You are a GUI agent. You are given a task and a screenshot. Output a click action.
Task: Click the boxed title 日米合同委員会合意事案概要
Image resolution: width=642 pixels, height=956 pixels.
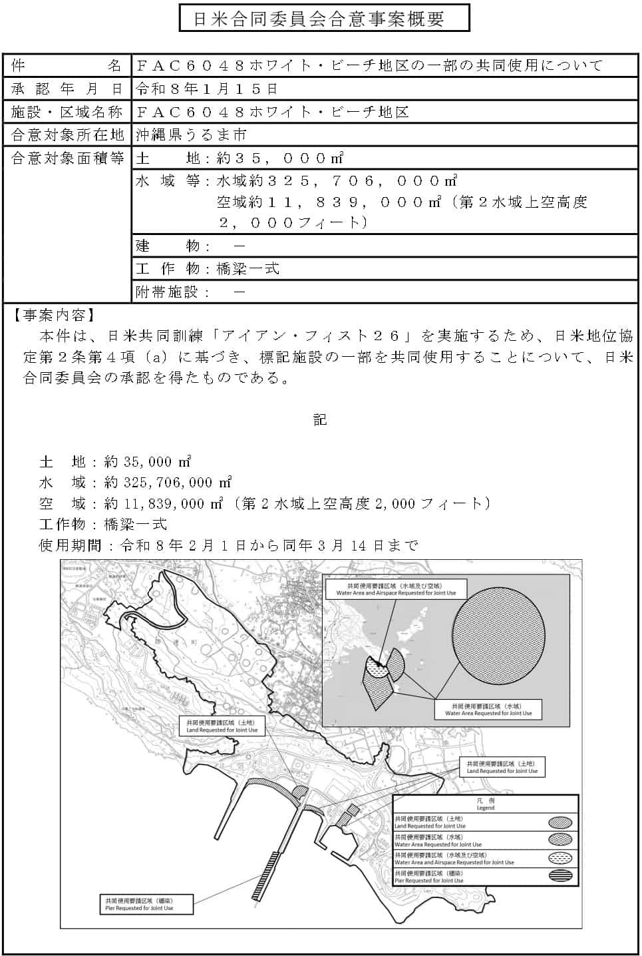pyautogui.click(x=324, y=18)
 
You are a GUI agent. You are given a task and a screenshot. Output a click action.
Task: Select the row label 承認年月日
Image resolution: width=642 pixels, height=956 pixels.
pyautogui.click(x=67, y=89)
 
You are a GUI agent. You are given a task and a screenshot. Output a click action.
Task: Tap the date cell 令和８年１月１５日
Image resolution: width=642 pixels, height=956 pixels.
pyautogui.click(x=207, y=89)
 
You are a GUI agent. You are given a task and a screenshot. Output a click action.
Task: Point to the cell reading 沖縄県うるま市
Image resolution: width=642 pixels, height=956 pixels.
pyautogui.click(x=192, y=134)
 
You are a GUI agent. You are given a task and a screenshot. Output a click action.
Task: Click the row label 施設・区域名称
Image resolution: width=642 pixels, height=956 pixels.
pyautogui.click(x=67, y=112)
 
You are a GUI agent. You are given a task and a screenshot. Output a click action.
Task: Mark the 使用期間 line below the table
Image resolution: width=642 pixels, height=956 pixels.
pyautogui.click(x=229, y=545)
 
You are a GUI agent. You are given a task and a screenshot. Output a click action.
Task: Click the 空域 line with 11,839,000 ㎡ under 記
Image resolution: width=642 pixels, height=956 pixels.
pyautogui.click(x=265, y=503)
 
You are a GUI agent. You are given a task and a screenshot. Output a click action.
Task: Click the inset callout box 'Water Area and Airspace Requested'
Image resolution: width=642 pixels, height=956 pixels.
pyautogui.click(x=396, y=589)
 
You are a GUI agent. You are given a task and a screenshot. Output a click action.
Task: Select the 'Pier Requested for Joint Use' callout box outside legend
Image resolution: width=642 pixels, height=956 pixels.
pyautogui.click(x=145, y=903)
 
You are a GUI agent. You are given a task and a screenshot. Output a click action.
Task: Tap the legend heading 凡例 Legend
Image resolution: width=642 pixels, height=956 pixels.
pyautogui.click(x=485, y=804)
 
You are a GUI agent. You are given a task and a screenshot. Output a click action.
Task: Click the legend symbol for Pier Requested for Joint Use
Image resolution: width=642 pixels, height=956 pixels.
pyautogui.click(x=562, y=876)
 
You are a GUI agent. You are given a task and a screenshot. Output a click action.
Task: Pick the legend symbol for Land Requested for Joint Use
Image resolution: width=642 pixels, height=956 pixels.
pyautogui.click(x=562, y=822)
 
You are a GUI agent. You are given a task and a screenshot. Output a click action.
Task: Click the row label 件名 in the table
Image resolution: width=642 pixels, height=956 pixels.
pyautogui.click(x=67, y=65)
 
